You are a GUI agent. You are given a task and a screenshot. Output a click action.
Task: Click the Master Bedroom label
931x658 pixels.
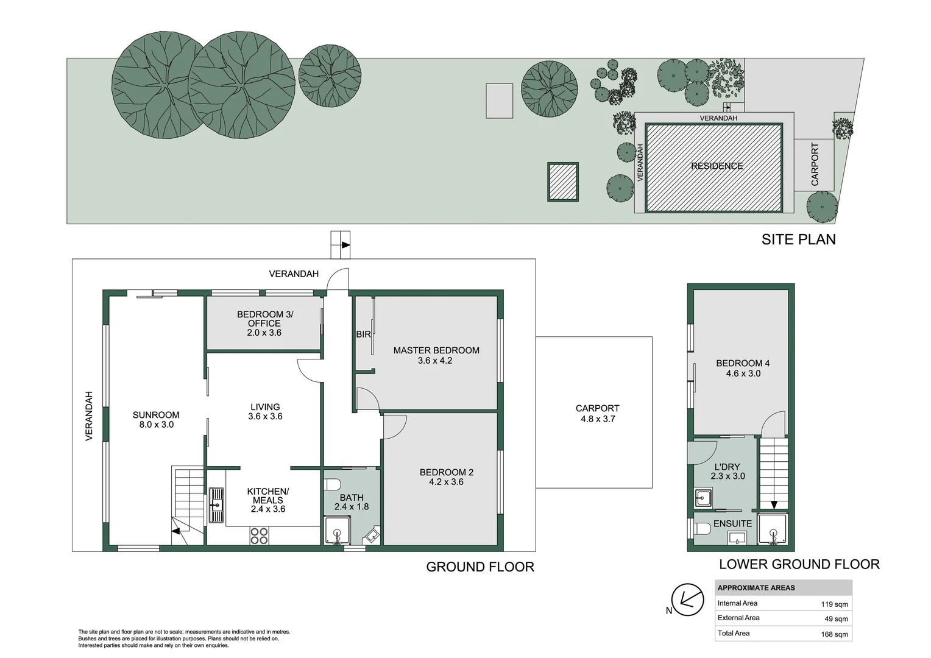click(436, 350)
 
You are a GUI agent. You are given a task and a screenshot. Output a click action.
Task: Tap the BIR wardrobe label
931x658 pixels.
click(363, 334)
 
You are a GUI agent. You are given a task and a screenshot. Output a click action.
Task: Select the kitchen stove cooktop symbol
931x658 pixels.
click(259, 536)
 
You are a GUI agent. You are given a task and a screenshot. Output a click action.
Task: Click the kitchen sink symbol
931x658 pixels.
click(216, 505)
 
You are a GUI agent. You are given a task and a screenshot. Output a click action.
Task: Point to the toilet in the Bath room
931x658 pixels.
click(332, 485)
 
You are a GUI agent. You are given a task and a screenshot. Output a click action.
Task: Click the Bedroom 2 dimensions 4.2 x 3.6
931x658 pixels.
click(446, 482)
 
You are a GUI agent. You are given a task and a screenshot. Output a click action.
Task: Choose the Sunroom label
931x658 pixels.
click(156, 415)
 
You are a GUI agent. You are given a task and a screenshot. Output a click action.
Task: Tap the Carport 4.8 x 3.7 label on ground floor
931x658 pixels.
click(597, 414)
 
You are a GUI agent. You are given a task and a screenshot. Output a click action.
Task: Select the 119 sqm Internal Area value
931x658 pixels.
click(834, 604)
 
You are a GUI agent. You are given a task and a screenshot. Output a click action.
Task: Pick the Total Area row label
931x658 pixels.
click(734, 633)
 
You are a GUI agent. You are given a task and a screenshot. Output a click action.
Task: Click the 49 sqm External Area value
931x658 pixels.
click(836, 619)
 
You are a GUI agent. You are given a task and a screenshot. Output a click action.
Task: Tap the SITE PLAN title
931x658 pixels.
click(798, 239)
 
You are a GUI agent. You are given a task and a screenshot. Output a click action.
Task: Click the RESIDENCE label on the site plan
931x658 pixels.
click(717, 166)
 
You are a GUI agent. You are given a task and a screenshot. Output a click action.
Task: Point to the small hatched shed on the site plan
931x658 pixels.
click(562, 182)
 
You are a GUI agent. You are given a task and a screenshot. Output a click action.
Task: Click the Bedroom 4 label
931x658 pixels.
click(742, 363)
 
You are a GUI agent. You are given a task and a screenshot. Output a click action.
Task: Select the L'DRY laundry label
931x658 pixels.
click(727, 467)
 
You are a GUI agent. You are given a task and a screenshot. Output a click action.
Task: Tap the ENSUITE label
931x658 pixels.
click(732, 523)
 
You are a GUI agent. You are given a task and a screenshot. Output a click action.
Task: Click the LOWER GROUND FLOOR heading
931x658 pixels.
click(799, 564)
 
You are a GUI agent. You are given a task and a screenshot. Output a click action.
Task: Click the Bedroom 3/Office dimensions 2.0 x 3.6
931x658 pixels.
click(264, 333)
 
